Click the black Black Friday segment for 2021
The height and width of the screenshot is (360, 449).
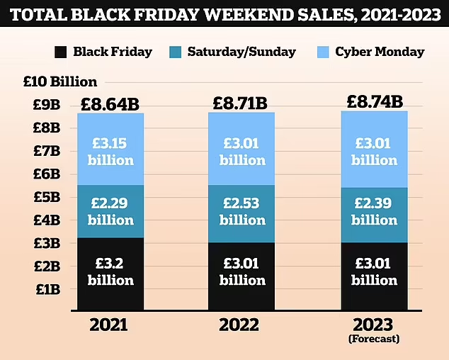tap(110, 273)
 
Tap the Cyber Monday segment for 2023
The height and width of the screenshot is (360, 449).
tap(374, 150)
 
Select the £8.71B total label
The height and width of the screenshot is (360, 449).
tap(241, 103)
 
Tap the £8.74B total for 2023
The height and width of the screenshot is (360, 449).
tap(375, 101)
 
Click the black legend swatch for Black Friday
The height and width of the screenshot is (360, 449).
tap(61, 52)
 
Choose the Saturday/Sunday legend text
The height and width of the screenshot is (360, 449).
tap(244, 52)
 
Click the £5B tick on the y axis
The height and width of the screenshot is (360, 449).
tap(47, 197)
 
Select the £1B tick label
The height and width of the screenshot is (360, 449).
tap(47, 289)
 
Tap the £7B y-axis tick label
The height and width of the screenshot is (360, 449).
tap(47, 151)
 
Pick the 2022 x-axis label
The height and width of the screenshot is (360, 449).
tap(240, 325)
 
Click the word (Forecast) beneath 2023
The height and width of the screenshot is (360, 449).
tap(375, 339)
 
